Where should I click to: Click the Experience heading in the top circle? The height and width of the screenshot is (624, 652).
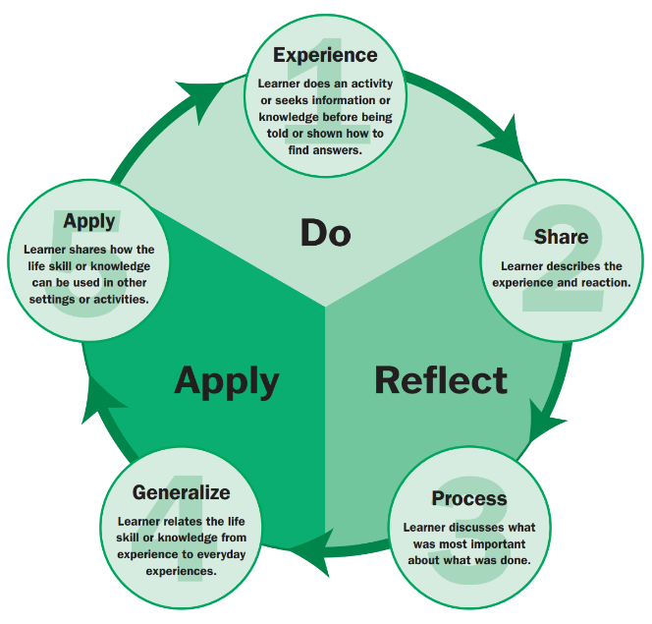[325, 54]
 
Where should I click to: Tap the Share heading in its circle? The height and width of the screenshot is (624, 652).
[561, 236]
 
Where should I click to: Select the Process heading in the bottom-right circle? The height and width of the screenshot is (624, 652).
[468, 498]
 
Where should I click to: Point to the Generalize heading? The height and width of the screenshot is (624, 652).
[182, 491]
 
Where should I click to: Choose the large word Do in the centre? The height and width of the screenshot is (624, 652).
[325, 233]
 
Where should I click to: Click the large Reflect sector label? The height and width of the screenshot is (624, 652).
[441, 380]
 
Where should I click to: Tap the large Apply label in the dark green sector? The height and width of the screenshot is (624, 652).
[227, 380]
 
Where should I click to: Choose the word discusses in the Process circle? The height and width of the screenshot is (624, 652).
[479, 528]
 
